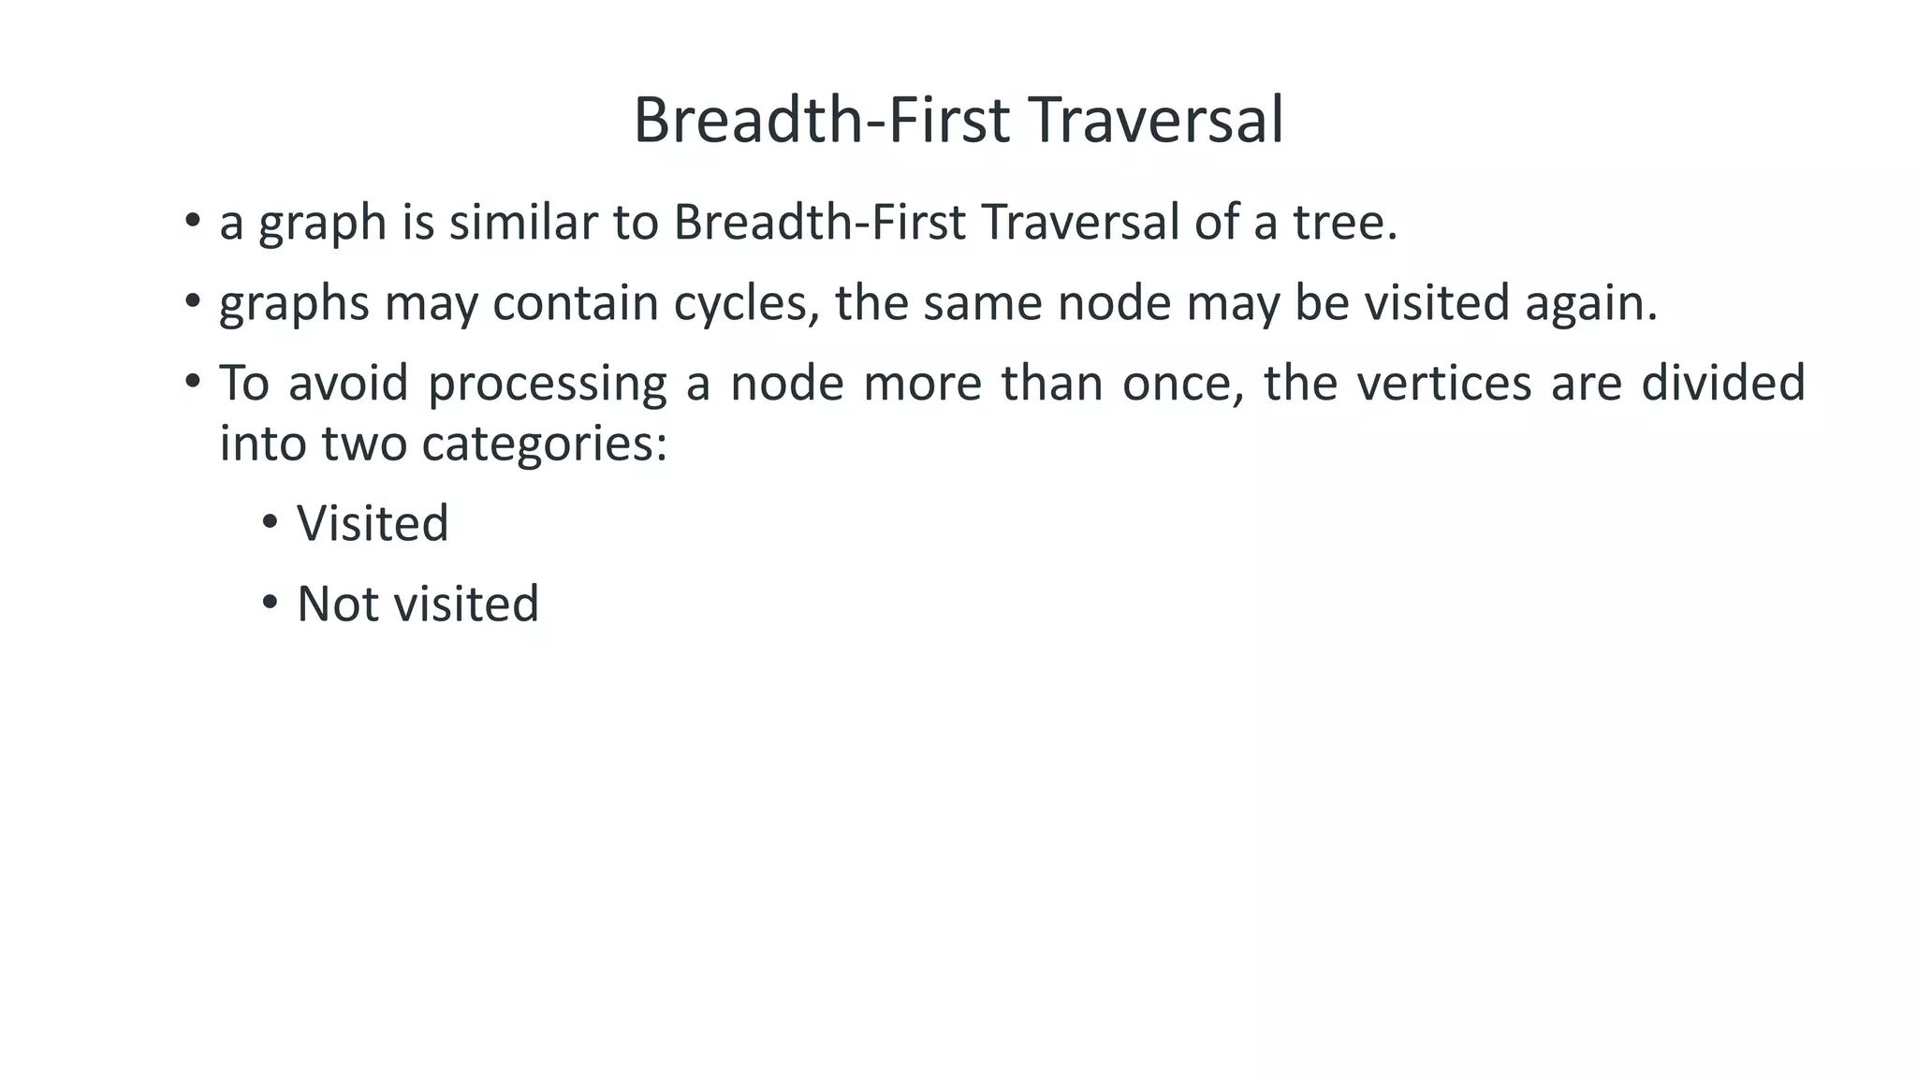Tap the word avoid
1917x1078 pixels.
[x=348, y=384]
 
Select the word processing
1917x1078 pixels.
[x=547, y=384]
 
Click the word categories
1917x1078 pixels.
[x=543, y=444]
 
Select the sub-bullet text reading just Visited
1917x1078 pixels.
[x=373, y=523]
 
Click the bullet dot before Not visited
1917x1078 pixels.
[x=271, y=603]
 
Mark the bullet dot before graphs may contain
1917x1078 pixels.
[x=193, y=301]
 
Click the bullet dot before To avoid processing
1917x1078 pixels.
[x=193, y=382]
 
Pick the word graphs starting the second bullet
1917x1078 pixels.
[x=294, y=304]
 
